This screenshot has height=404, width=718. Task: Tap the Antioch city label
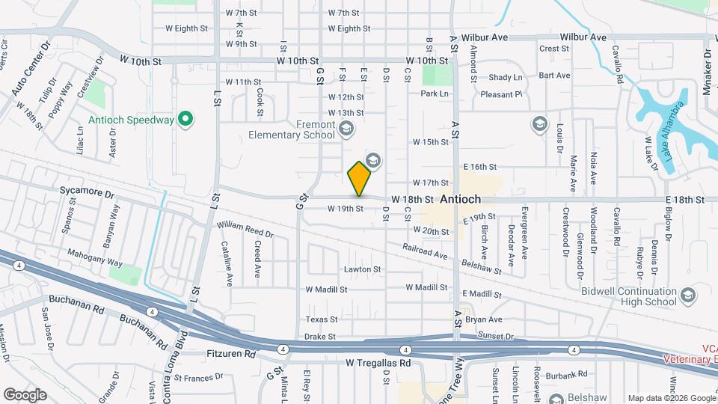460,200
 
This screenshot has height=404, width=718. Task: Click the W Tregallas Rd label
378,363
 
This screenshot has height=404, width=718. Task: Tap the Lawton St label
362,269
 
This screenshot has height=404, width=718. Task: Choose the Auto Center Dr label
29,70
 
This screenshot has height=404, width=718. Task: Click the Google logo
25,394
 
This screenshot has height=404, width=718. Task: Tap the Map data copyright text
672,398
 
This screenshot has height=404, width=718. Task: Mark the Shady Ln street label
506,78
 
